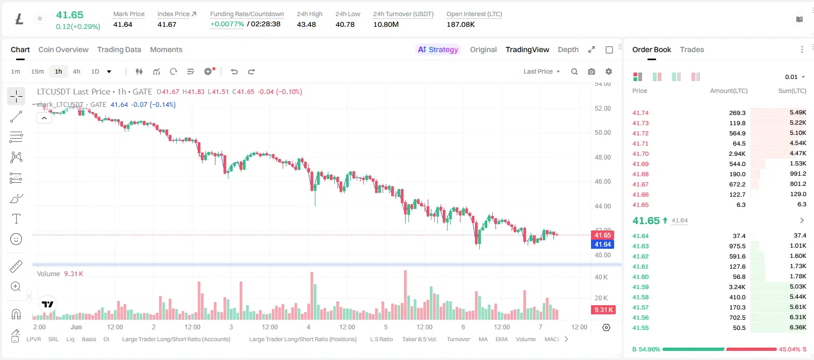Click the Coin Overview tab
(x=63, y=49)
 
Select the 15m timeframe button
(x=37, y=71)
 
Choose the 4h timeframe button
(x=76, y=71)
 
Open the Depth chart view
(x=568, y=49)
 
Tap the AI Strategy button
(x=438, y=49)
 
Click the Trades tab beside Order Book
(x=692, y=49)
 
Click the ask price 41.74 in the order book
(x=640, y=113)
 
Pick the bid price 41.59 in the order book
(x=640, y=286)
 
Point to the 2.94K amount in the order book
(x=737, y=154)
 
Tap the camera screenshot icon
(x=591, y=71)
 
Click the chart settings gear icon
(x=609, y=71)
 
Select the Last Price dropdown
(x=542, y=71)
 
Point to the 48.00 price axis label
(x=602, y=157)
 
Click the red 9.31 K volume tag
(x=603, y=310)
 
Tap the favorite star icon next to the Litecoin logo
(x=40, y=18)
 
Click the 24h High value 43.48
(x=306, y=24)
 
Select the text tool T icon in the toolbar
(x=16, y=219)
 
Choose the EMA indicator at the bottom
(x=501, y=339)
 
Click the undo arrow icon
(x=234, y=71)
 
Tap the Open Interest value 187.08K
(x=460, y=24)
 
